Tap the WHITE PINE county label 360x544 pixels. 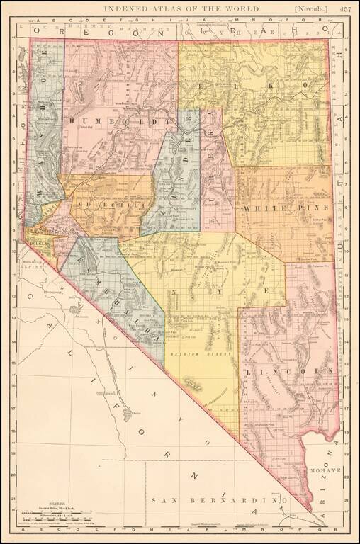click(286, 208)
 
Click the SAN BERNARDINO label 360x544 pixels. click(213, 501)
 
